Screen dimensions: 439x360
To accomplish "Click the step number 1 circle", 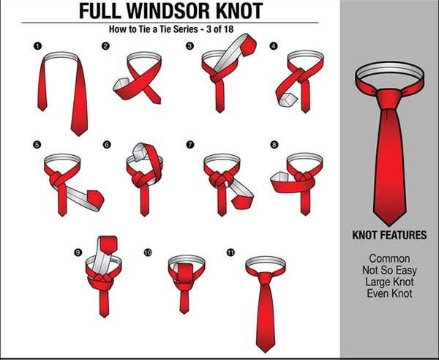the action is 37,46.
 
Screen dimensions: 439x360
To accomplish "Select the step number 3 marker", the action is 190,46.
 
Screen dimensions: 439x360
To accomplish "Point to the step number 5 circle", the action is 37,145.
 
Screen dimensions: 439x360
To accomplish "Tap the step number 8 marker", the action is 274,144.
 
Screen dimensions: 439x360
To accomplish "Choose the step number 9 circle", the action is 78,252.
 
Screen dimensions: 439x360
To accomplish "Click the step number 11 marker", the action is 230,252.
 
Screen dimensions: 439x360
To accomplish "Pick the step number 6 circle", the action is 107,145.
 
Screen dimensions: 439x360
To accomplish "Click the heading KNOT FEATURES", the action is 389,235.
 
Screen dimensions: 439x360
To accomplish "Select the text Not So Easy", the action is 389,270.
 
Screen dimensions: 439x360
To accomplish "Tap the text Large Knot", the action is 389,282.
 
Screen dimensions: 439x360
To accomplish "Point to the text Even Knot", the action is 389,293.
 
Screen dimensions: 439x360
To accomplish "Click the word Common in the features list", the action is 389,258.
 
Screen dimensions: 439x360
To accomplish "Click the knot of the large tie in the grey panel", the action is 389,99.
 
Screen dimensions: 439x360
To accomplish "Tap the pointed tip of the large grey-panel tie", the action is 389,225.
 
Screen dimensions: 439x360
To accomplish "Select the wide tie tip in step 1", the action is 79,132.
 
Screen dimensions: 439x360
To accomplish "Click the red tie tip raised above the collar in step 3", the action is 248,45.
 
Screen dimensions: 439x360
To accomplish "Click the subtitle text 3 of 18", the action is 219,29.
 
